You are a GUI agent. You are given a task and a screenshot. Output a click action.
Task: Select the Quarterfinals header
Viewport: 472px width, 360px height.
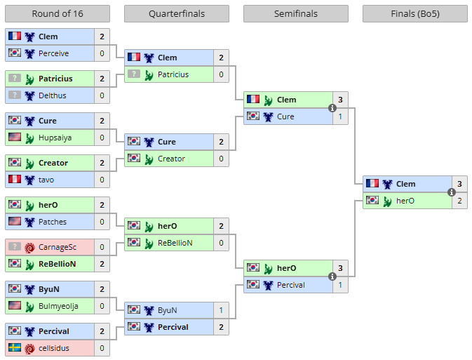177,14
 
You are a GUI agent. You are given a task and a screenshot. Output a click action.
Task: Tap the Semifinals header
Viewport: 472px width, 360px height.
296,14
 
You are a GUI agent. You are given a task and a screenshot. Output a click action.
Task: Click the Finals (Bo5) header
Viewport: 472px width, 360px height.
415,14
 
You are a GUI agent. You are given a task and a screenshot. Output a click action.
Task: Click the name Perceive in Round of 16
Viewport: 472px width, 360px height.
54,53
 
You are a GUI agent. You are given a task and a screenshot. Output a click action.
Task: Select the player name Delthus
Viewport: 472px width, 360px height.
53,95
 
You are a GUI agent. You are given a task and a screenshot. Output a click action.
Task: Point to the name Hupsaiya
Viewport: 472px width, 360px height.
55,138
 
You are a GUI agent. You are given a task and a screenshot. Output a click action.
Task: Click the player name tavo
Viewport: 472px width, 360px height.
46,180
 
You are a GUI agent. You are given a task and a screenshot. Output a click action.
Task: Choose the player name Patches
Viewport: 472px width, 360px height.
53,222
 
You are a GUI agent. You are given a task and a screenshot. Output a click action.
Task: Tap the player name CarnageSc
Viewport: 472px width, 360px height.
58,247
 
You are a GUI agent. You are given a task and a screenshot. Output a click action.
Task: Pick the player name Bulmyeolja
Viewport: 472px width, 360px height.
59,306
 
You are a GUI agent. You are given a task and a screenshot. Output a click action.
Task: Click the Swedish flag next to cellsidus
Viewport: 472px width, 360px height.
14,348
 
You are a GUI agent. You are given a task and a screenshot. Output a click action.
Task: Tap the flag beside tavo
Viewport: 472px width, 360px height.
14,180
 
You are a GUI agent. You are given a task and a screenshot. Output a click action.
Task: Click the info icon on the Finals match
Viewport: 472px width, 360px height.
452,192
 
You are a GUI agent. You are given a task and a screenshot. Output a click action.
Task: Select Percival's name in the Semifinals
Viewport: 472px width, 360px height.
291,285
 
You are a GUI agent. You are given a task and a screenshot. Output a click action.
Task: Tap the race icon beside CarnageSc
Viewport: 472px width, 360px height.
29,247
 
